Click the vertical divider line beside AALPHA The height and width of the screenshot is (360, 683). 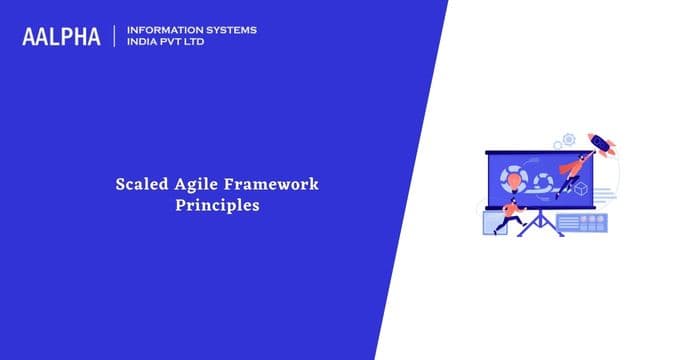click(116, 37)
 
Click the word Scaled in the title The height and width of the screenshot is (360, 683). click(136, 184)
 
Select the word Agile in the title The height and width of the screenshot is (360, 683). click(188, 184)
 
